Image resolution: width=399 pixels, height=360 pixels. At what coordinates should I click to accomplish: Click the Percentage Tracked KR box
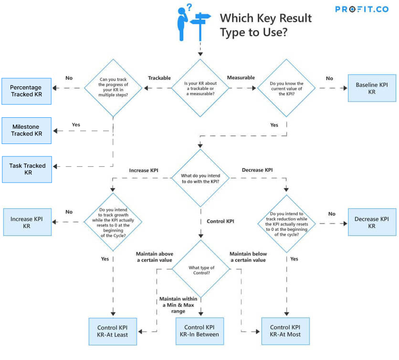coord(26,91)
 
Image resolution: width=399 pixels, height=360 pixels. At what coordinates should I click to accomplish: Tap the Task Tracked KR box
coord(27,169)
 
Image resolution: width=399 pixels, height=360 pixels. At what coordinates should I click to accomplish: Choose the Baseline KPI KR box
coord(372,88)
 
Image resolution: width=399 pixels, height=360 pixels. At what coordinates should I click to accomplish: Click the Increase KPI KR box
coord(27,222)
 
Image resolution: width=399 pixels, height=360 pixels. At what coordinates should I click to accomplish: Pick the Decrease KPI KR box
coord(372,222)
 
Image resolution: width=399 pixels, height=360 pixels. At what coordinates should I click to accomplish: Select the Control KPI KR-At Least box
coord(113,331)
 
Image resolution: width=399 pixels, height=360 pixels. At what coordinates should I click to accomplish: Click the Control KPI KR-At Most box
coord(286,330)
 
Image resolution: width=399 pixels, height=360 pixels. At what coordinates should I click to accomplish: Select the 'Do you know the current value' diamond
coord(286,88)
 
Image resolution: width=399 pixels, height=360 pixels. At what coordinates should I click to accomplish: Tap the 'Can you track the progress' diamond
coord(114,88)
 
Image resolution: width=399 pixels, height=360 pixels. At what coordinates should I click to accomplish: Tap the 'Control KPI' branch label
coord(220,221)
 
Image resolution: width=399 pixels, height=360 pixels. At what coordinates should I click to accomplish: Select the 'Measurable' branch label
coord(241,78)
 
